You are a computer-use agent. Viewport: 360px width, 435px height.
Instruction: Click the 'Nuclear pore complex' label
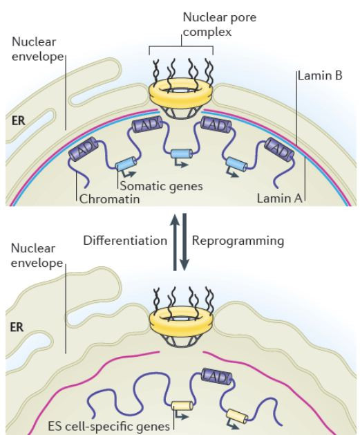pyautogui.click(x=220, y=24)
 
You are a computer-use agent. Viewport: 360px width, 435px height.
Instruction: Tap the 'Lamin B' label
pyautogui.click(x=320, y=75)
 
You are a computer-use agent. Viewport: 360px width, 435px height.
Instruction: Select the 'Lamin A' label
pyautogui.click(x=279, y=198)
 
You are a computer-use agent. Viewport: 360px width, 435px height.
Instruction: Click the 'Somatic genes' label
pyautogui.click(x=162, y=186)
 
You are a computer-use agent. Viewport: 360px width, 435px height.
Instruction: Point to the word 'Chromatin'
pyautogui.click(x=109, y=199)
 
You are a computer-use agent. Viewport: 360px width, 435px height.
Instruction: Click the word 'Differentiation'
pyautogui.click(x=125, y=240)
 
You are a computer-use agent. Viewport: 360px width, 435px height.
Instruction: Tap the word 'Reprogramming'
pyautogui.click(x=238, y=241)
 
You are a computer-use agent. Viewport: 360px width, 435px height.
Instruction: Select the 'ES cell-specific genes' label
pyautogui.click(x=109, y=426)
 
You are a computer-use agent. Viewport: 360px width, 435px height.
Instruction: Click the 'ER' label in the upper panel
pyautogui.click(x=19, y=120)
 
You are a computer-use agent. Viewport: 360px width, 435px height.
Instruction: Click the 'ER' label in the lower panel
pyautogui.click(x=17, y=327)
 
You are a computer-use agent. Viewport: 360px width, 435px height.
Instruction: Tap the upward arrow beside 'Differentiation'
pyautogui.click(x=175, y=242)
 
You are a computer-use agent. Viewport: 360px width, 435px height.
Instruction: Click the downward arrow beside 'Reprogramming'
pyautogui.click(x=184, y=242)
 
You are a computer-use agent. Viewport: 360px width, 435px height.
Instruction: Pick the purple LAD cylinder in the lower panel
pyautogui.click(x=216, y=376)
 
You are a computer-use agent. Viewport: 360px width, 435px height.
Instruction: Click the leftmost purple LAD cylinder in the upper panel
pyautogui.click(x=84, y=149)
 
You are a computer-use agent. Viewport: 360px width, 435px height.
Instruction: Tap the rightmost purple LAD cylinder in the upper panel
pyautogui.click(x=279, y=149)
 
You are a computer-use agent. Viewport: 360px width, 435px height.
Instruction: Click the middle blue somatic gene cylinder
pyautogui.click(x=182, y=154)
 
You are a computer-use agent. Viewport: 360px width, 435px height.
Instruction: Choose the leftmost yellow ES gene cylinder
pyautogui.click(x=182, y=406)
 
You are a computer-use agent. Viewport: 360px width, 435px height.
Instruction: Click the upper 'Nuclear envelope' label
pyautogui.click(x=38, y=49)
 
